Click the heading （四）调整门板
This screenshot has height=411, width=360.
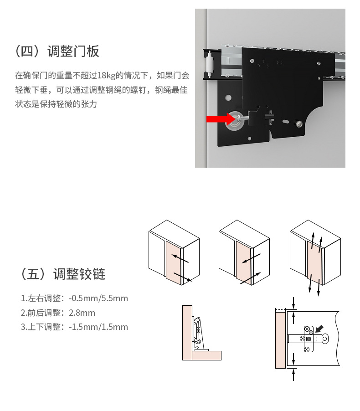(57, 51)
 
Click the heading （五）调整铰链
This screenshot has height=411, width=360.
(63, 274)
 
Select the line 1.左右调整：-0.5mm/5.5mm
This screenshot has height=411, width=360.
(74, 298)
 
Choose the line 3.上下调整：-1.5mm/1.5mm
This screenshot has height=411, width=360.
(74, 327)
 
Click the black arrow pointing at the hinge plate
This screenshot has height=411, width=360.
(320, 329)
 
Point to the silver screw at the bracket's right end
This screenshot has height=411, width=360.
(299, 123)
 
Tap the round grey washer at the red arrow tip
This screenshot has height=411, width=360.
(235, 119)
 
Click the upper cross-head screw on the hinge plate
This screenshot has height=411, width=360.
(307, 329)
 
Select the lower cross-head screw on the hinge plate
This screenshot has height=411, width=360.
(307, 349)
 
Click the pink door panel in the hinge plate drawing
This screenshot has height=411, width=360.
(280, 339)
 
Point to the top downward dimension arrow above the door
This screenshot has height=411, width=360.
(294, 302)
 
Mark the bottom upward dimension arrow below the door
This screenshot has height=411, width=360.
(294, 375)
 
